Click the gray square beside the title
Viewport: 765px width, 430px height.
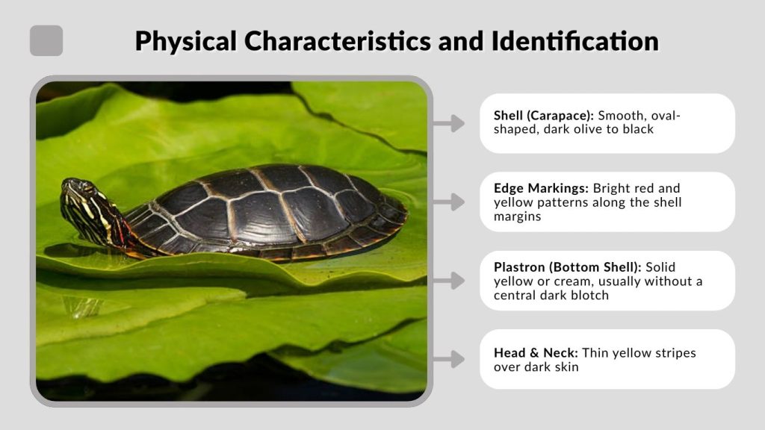pyautogui.click(x=46, y=40)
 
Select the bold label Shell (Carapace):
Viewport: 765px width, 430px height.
pyautogui.click(x=543, y=116)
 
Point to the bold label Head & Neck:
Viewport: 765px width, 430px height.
pyautogui.click(x=536, y=353)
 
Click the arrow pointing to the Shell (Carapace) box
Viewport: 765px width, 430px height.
pyautogui.click(x=448, y=123)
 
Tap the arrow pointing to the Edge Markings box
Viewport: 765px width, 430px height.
pyautogui.click(x=448, y=202)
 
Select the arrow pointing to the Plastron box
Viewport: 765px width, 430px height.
pyautogui.click(x=448, y=281)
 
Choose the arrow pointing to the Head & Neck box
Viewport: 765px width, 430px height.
pyautogui.click(x=448, y=359)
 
